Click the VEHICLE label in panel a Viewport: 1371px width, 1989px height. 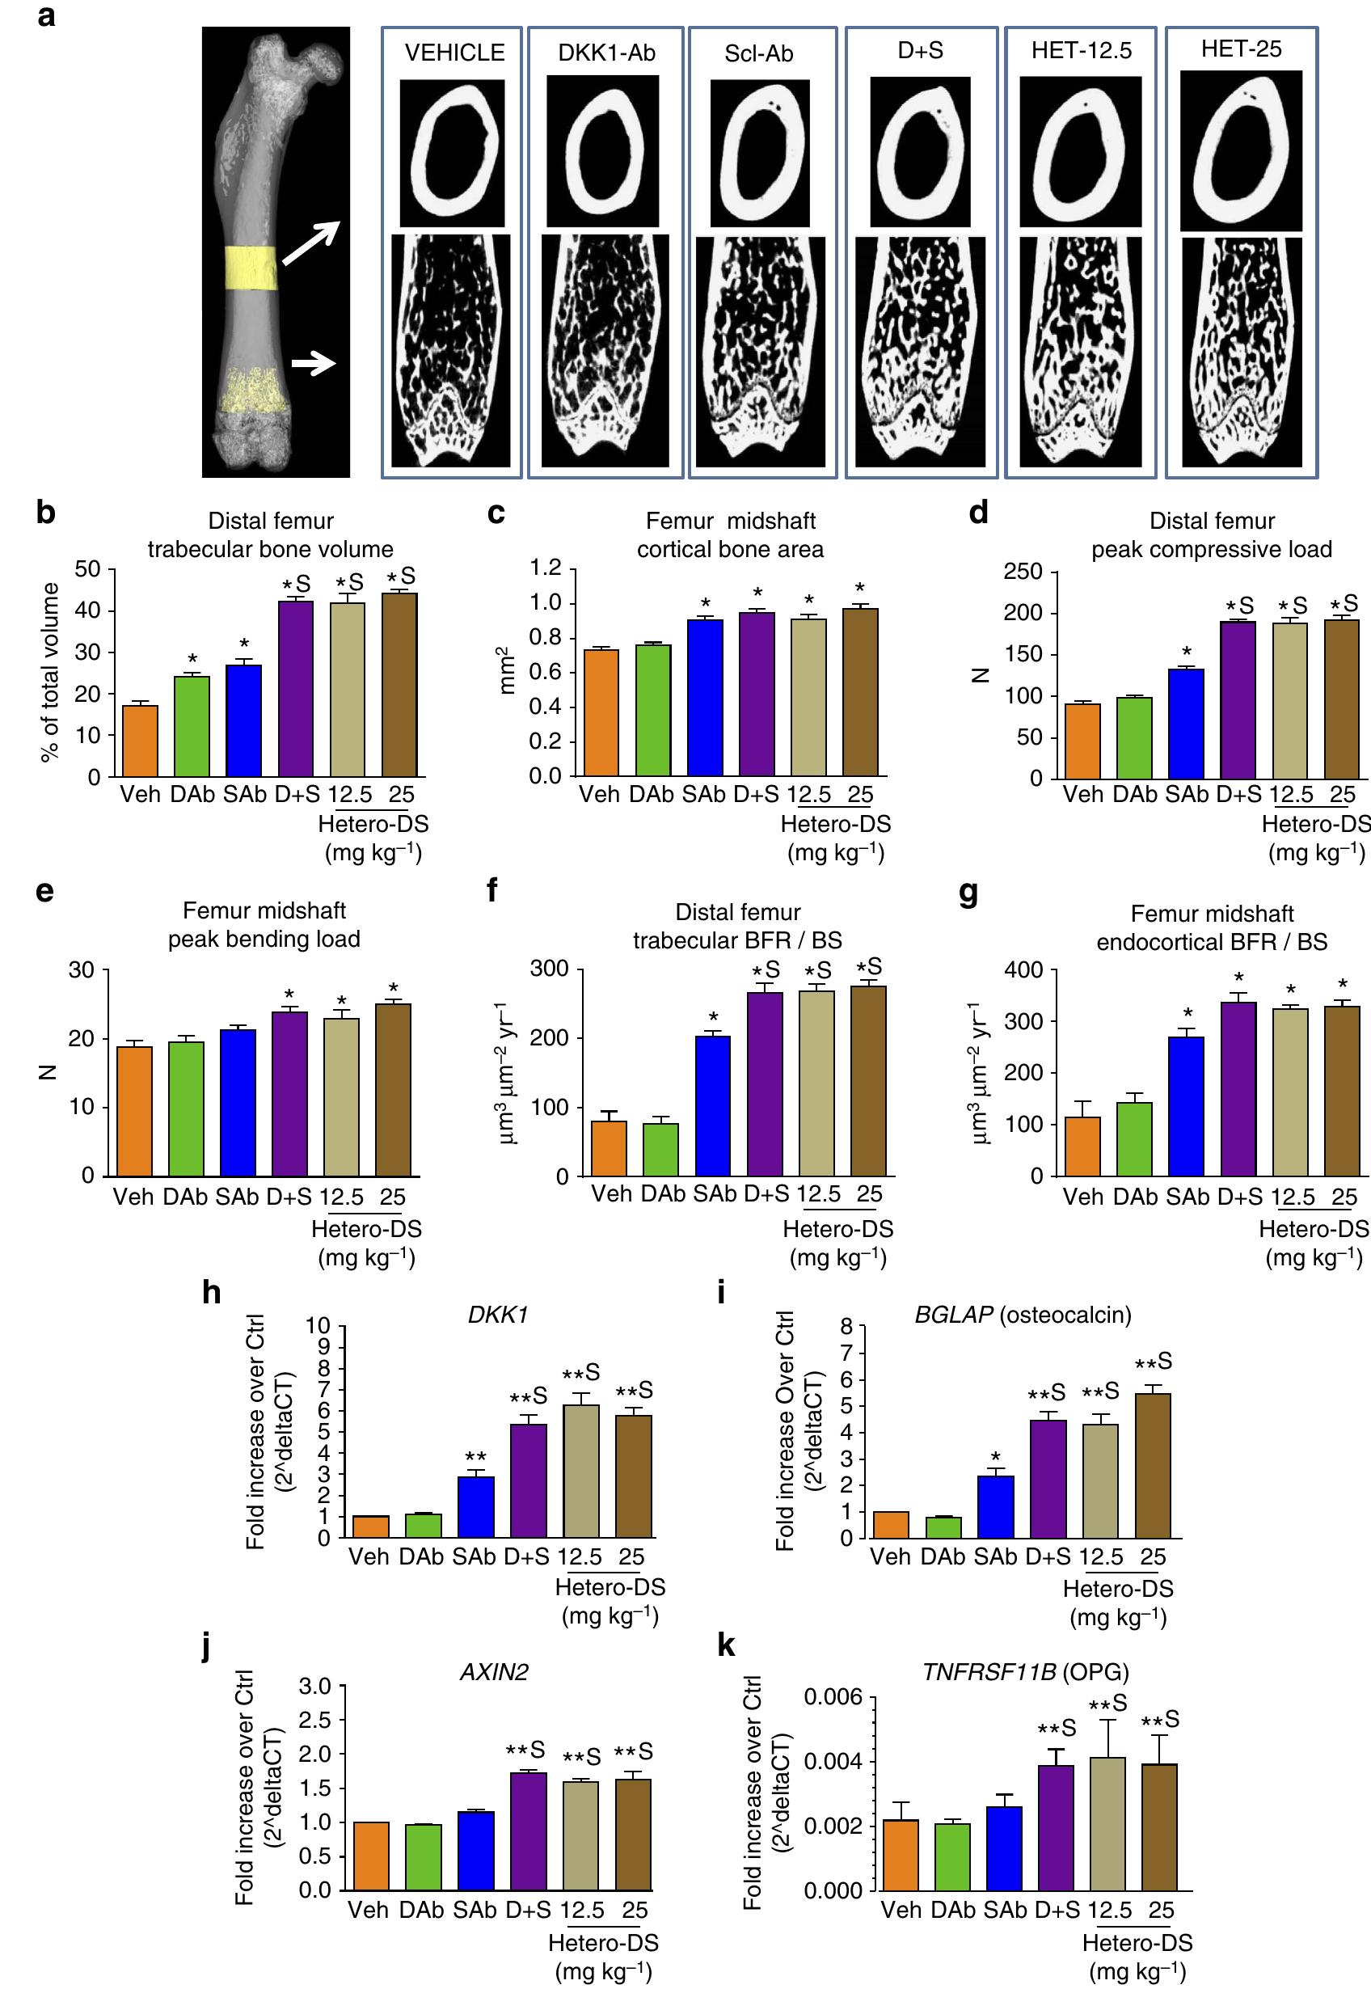(454, 53)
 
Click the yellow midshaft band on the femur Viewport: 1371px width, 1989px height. (251, 268)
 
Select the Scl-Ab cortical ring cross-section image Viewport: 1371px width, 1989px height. (759, 151)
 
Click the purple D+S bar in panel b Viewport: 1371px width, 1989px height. (296, 688)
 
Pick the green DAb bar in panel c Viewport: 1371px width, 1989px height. (653, 710)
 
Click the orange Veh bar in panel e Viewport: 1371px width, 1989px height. (134, 1111)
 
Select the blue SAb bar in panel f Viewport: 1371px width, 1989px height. (713, 1106)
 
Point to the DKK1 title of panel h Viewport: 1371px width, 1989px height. (497, 1315)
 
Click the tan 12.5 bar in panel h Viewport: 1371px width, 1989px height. (580, 1471)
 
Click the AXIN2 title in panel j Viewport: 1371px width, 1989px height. (494, 1672)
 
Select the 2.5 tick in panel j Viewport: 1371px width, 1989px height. (315, 1720)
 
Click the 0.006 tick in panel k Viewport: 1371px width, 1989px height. (833, 1698)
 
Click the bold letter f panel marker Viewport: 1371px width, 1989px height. (493, 891)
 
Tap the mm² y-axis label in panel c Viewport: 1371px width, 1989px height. (508, 671)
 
